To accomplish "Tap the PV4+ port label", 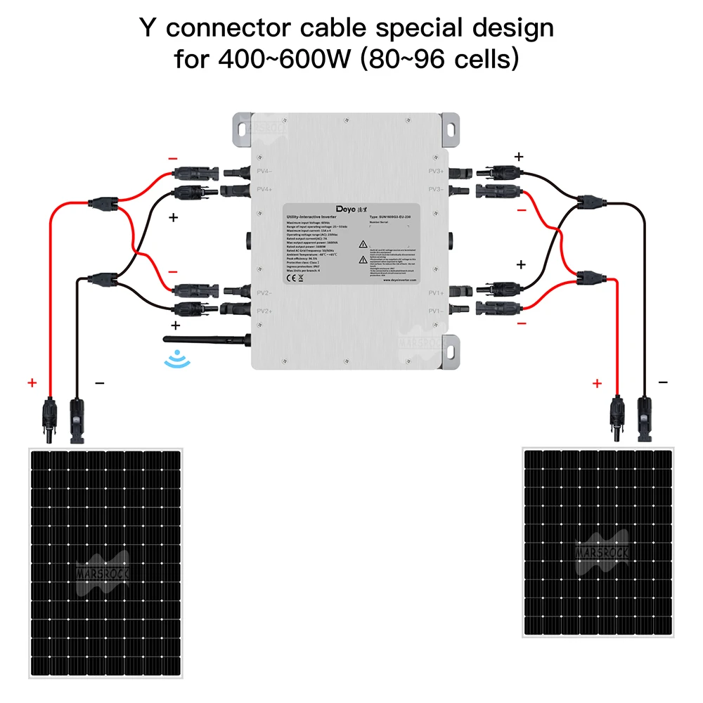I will point(264,190).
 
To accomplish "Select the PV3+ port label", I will point(436,171).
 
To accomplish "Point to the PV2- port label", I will point(264,292).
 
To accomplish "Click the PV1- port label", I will point(436,311).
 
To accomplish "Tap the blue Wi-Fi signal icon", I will point(172,361).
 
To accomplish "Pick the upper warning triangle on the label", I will point(363,245).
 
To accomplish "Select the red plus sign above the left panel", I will point(32,383).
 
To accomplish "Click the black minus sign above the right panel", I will point(663,382).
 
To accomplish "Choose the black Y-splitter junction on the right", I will point(588,202).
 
